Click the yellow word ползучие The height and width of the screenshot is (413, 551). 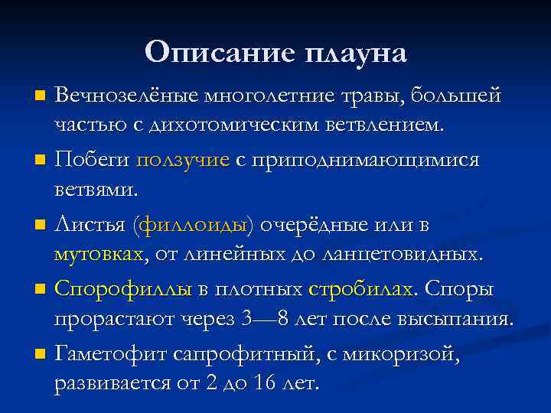point(183,161)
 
